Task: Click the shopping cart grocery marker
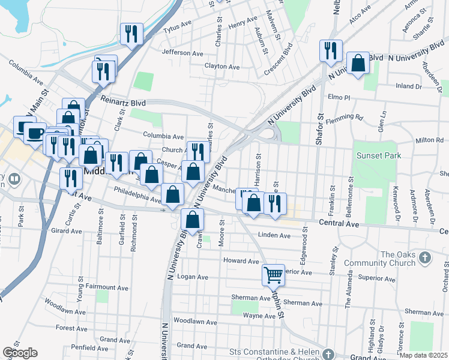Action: (273, 275)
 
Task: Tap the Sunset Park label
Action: (376, 155)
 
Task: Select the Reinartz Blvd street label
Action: (124, 102)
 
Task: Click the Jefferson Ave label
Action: (182, 53)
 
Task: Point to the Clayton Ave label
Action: (222, 66)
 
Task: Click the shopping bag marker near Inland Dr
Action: (358, 63)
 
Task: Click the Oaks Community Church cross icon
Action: (425, 258)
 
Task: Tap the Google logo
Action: (20, 353)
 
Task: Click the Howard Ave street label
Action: (241, 261)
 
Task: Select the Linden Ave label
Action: (274, 235)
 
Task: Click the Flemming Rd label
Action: (351, 117)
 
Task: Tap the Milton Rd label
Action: (429, 140)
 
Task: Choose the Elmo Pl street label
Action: (339, 97)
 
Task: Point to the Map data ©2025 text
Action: (423, 355)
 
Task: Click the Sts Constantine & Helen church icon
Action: (328, 354)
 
